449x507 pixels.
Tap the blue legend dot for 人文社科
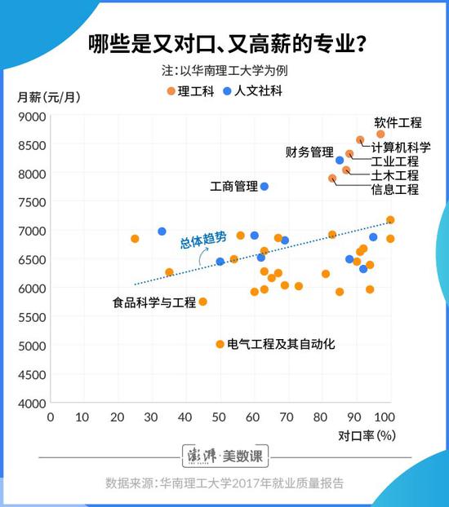[228, 91]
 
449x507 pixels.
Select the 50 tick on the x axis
[220, 417]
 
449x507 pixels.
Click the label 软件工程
[398, 123]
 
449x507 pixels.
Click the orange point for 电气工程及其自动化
[220, 344]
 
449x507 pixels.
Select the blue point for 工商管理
[265, 187]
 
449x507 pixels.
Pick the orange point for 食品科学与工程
[203, 302]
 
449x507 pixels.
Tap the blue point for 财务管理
[340, 161]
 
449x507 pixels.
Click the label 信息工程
[394, 190]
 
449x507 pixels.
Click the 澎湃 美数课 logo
[224, 455]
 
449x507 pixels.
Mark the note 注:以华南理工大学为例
[224, 70]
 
